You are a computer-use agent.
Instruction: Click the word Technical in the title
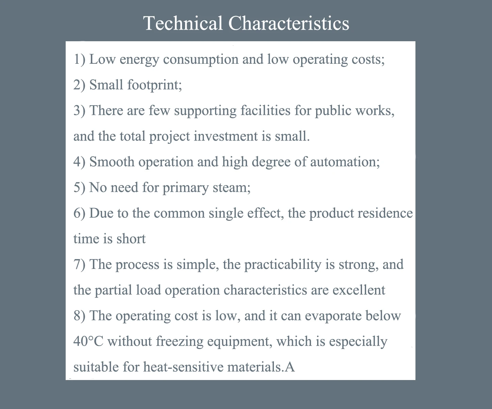(x=183, y=23)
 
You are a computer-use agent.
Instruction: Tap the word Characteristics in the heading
(x=289, y=23)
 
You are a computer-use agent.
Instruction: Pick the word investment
(x=226, y=136)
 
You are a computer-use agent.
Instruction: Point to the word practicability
(x=282, y=264)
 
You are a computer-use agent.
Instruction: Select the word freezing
(x=179, y=342)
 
